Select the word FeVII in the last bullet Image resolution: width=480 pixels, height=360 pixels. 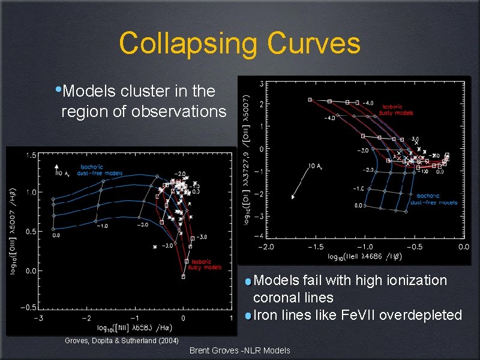[354, 315]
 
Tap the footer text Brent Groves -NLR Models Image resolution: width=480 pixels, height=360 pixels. [239, 350]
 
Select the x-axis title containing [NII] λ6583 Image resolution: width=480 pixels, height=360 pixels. [134, 329]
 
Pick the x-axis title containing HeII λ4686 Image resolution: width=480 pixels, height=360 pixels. [362, 257]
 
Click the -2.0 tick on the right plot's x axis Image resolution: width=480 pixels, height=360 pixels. [266, 247]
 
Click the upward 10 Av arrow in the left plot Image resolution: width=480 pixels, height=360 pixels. [56, 167]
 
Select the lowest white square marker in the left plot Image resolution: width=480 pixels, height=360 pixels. [183, 277]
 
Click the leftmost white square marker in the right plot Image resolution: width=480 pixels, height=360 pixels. [310, 100]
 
